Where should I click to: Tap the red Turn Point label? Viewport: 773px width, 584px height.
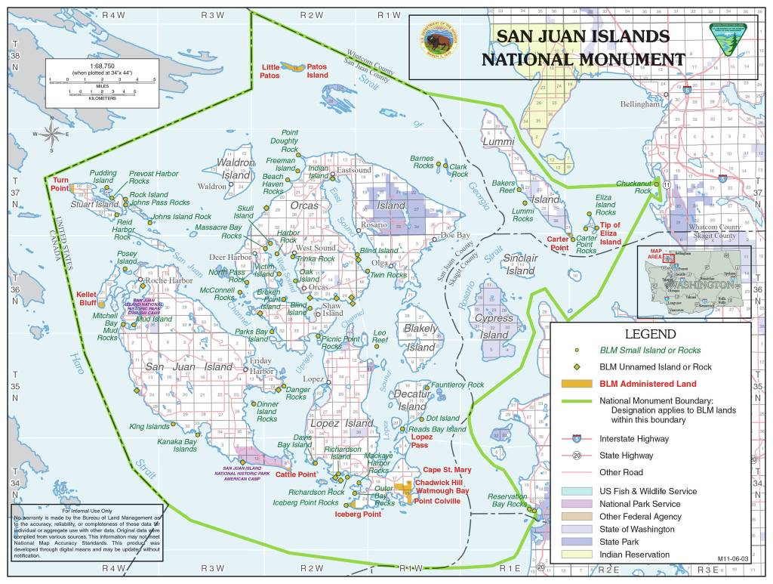point(60,184)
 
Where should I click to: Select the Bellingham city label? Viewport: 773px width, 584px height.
point(639,104)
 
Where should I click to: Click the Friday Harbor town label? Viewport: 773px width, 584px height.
point(261,366)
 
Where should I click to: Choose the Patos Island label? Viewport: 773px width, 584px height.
point(317,71)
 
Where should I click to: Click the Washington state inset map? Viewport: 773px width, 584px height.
point(694,281)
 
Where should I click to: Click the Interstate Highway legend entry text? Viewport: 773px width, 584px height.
point(634,438)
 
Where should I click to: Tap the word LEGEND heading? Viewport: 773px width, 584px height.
point(650,334)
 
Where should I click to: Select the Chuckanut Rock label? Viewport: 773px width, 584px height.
point(633,187)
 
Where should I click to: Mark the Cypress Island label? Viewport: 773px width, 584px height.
point(494,326)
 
